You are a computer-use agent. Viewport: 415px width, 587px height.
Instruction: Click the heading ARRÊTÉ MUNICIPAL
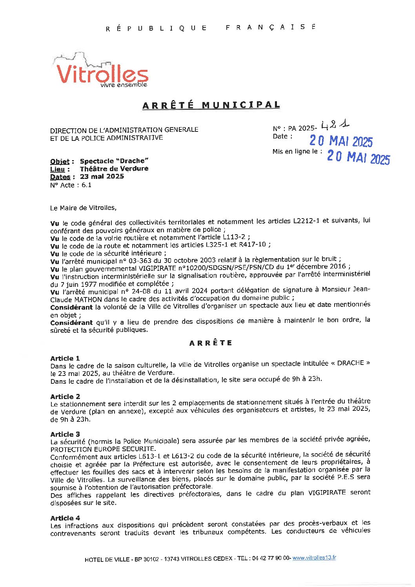tap(211, 105)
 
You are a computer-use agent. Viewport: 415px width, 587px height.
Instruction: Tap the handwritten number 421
tap(335, 126)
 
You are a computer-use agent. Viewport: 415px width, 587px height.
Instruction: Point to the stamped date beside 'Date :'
tap(341, 141)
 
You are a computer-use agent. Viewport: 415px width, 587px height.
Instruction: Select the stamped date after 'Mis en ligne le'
tap(358, 157)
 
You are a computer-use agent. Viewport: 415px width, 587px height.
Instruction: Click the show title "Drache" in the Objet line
tap(131, 161)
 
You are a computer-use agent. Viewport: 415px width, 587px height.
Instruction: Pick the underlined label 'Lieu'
tap(57, 169)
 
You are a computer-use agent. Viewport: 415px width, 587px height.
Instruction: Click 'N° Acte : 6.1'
tap(71, 185)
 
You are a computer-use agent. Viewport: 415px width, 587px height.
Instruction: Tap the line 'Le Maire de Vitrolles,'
tap(83, 208)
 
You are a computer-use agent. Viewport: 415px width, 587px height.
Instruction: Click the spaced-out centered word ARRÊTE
tap(211, 343)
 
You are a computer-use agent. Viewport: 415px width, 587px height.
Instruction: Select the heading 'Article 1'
tap(65, 358)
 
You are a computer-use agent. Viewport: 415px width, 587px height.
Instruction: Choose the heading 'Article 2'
tap(65, 397)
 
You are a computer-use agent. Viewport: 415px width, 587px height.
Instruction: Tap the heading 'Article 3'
tap(65, 434)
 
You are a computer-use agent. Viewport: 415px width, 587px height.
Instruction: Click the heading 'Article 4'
tap(65, 518)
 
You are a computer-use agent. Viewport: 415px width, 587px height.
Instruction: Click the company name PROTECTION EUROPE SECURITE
tap(103, 449)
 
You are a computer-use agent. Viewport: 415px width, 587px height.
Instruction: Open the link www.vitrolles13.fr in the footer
tap(314, 558)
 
